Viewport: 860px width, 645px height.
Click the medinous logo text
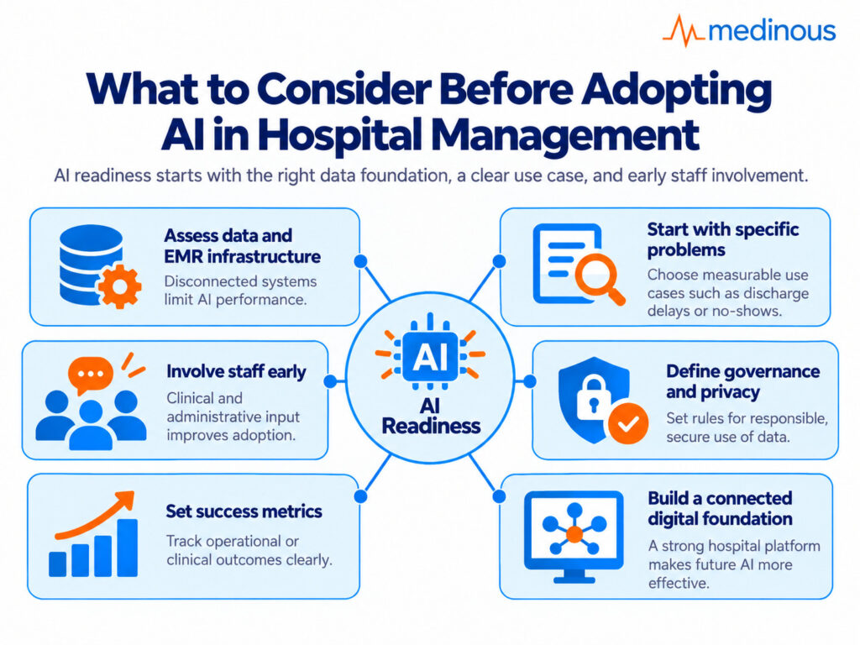[x=773, y=31]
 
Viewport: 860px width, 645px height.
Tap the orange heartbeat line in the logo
[x=684, y=31]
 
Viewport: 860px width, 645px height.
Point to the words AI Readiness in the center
[x=431, y=416]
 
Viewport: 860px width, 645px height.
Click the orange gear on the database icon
[x=119, y=286]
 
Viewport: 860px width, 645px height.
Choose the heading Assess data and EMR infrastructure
[x=243, y=246]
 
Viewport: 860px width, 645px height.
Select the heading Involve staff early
[x=236, y=371]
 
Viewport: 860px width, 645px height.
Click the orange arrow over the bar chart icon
[x=94, y=515]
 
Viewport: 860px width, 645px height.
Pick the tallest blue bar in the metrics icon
[x=128, y=548]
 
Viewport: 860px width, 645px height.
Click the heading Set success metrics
[x=244, y=511]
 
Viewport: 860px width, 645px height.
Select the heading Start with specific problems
[x=723, y=239]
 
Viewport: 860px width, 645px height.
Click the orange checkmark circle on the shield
[x=628, y=423]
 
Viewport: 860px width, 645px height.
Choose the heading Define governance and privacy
[x=743, y=381]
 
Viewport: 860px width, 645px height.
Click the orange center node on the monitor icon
[x=574, y=533]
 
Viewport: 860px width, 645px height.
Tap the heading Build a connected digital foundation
[x=720, y=508]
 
